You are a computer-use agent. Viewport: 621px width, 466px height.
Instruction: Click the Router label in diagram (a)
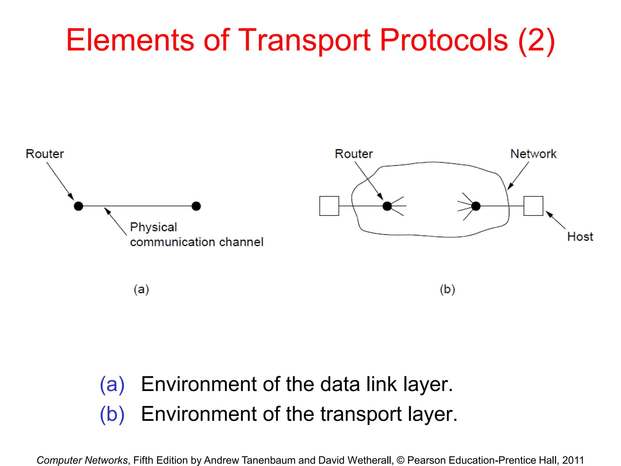tap(45, 154)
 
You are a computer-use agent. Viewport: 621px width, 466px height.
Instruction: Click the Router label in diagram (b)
tap(354, 154)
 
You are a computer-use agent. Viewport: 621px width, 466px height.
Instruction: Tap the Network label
tap(533, 154)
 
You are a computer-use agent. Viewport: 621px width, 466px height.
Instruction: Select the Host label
tap(580, 237)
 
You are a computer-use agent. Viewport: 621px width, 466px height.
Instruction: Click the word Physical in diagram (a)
tap(153, 227)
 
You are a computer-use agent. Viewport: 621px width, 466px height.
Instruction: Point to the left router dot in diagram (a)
tap(79, 206)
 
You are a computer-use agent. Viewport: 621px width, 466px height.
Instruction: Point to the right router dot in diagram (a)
tap(196, 206)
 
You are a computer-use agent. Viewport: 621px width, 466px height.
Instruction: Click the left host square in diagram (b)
tap(329, 206)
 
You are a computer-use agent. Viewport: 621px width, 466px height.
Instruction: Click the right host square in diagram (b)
tap(533, 206)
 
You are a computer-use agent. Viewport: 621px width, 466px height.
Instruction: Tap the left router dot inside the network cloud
tap(387, 206)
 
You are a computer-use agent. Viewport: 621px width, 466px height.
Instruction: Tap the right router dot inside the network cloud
tap(476, 206)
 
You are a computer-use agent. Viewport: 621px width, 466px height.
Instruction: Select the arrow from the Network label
tap(518, 176)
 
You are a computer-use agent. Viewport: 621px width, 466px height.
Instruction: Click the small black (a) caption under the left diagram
tap(141, 289)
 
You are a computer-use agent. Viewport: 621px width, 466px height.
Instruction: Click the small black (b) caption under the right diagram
tap(447, 289)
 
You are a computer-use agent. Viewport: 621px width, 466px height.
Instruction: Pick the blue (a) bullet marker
tap(112, 385)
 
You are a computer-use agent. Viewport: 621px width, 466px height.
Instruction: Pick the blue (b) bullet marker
tap(112, 414)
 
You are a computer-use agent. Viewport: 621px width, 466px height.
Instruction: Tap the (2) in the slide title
tap(537, 40)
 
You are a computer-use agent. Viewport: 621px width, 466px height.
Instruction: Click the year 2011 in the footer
tap(573, 460)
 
